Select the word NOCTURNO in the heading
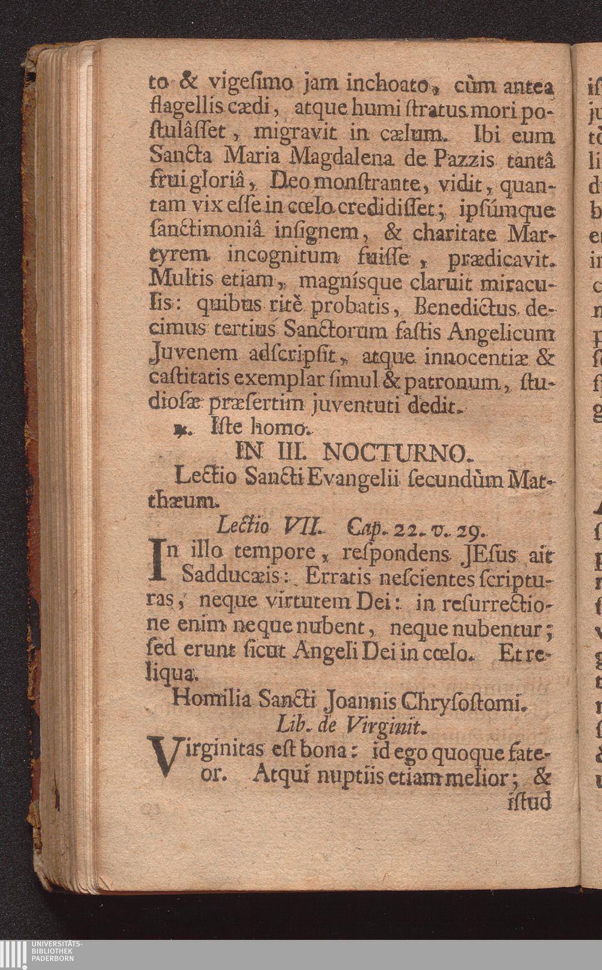point(395,452)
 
